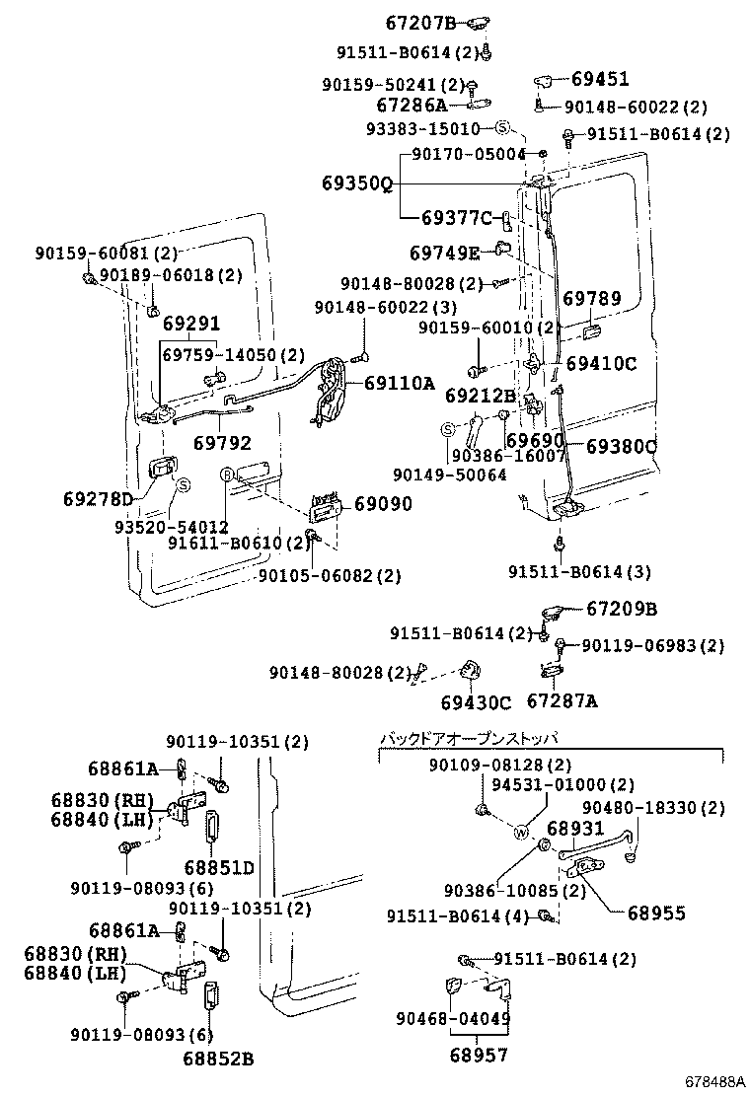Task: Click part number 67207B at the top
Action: tap(419, 22)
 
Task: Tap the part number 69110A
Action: tap(399, 383)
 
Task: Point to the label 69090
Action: tap(383, 504)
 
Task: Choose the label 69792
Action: tap(221, 444)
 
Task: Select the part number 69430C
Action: tap(476, 702)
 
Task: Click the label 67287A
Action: tap(562, 702)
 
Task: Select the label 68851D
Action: tap(218, 867)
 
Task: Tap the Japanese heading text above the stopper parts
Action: tap(469, 739)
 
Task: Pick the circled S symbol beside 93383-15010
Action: tap(501, 128)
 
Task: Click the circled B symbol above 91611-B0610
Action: tap(226, 475)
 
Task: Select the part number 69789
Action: tap(592, 297)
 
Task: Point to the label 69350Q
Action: tap(356, 183)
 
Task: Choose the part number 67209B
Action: tap(622, 610)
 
